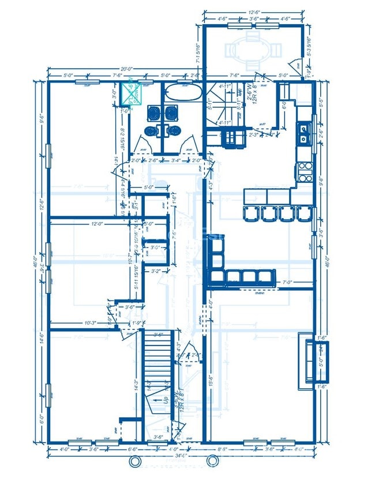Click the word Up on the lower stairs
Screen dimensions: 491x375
point(166,399)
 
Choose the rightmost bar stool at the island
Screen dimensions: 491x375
point(303,213)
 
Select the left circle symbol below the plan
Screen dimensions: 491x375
point(135,461)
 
